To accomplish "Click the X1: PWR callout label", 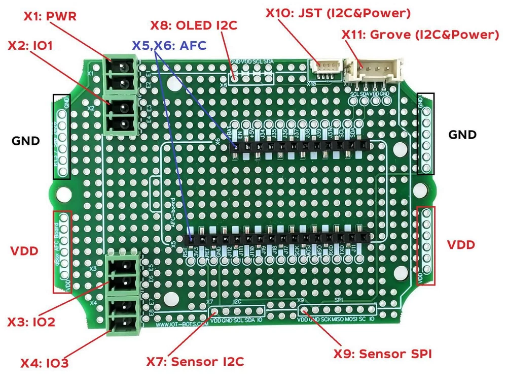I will [x=50, y=16].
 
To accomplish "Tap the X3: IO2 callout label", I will [x=31, y=322].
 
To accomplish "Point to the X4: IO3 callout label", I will [x=45, y=363].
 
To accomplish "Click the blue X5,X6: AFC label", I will [x=169, y=45].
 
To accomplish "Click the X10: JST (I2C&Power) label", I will [x=338, y=12].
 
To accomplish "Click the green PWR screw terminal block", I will [x=122, y=74].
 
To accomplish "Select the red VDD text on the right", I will [x=461, y=245].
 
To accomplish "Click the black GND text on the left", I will [x=25, y=141].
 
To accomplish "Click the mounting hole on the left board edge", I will [x=64, y=194].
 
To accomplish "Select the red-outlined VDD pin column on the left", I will [x=63, y=252].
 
